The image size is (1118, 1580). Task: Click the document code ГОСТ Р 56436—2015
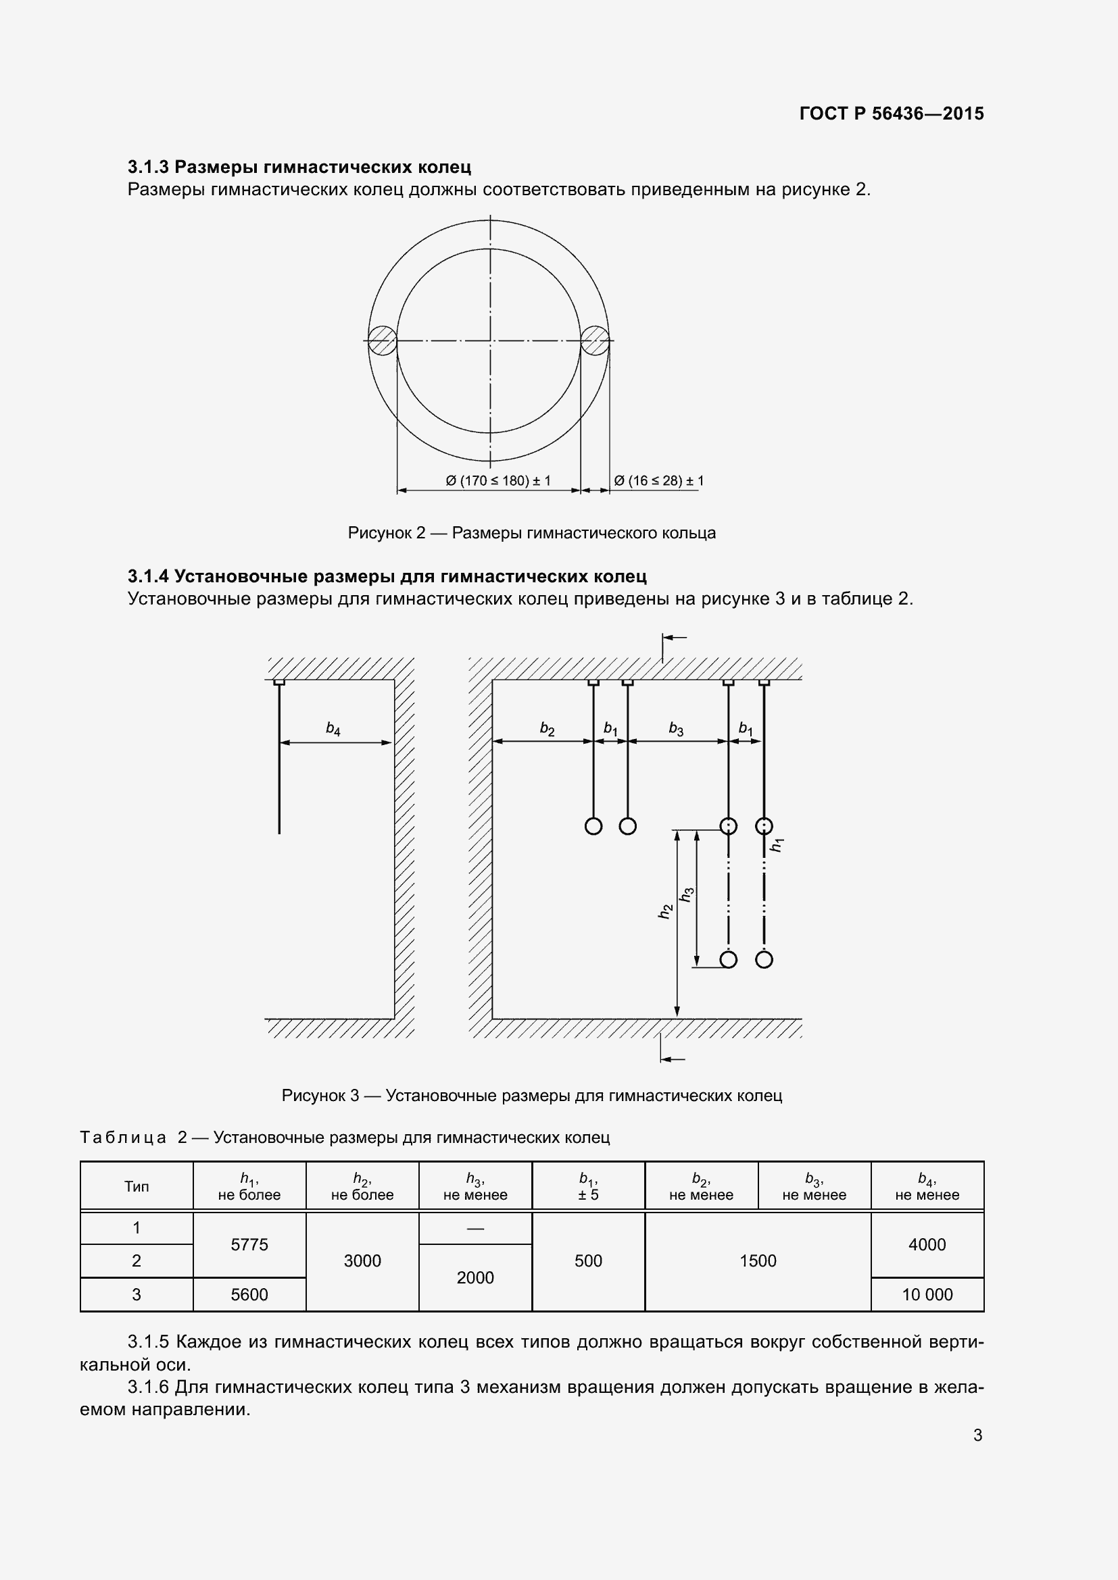tap(891, 113)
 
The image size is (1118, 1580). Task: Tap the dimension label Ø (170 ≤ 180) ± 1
tap(497, 481)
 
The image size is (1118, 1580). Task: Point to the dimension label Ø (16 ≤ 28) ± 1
tap(658, 481)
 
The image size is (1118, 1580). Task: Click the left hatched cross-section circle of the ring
tap(381, 340)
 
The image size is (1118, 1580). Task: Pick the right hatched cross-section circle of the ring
tap(595, 340)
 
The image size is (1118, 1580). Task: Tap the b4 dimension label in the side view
tap(333, 729)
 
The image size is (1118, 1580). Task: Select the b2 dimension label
tap(548, 729)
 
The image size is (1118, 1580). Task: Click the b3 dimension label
tap(676, 729)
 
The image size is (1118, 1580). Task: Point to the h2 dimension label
tap(665, 911)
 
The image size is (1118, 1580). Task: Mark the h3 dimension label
tap(686, 894)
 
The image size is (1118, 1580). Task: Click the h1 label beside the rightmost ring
tap(777, 845)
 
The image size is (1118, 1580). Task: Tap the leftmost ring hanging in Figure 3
tap(593, 825)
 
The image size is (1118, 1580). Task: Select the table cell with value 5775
tap(249, 1244)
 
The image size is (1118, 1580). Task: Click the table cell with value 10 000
tap(927, 1294)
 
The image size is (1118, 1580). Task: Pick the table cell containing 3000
tap(362, 1260)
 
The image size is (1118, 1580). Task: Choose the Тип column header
tap(137, 1186)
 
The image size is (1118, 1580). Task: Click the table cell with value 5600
tap(249, 1294)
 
